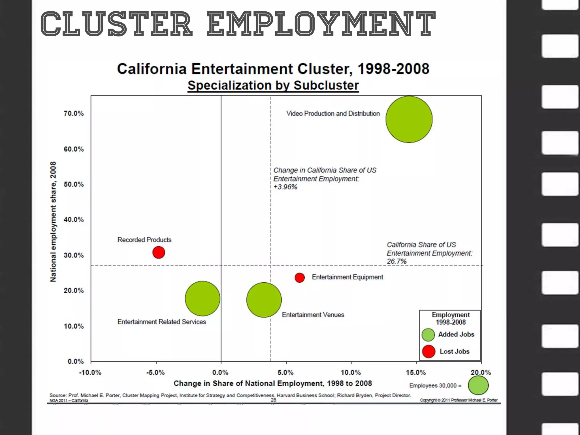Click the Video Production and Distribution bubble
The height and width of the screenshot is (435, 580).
click(409, 119)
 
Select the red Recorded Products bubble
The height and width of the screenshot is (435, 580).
click(159, 252)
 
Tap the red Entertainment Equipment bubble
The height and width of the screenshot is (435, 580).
click(300, 278)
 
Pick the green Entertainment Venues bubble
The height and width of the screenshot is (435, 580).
click(264, 300)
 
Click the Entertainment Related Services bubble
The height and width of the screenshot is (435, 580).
click(202, 298)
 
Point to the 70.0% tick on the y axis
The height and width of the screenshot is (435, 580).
click(74, 114)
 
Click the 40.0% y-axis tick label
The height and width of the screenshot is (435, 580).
click(74, 220)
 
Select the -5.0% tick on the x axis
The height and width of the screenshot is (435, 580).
click(155, 372)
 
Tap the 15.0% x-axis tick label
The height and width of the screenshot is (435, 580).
click(416, 372)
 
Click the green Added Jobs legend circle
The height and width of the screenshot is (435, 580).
click(428, 335)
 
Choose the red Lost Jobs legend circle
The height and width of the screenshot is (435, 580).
click(428, 351)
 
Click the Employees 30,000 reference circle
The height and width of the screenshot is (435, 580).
click(478, 385)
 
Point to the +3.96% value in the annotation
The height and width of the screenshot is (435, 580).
click(285, 187)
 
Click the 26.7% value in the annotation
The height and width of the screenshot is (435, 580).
click(396, 261)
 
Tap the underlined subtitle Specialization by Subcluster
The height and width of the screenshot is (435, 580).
click(273, 86)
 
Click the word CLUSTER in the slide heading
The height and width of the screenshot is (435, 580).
click(116, 24)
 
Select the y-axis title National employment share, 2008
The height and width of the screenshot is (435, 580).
click(53, 222)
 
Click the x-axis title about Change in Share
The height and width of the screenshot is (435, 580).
click(272, 383)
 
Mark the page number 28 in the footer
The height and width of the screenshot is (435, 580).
click(273, 400)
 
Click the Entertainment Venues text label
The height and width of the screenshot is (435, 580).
click(313, 315)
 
